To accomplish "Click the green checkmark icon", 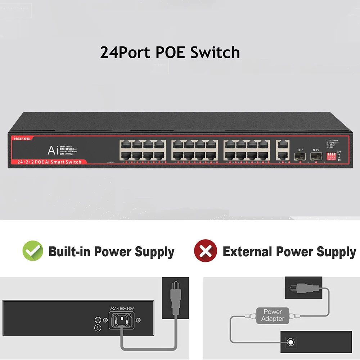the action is [33, 251].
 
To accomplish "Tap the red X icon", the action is [206, 251].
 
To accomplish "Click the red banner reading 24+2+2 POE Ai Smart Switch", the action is [47, 162].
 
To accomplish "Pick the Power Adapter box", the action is [273, 315].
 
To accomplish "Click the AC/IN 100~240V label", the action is [122, 309].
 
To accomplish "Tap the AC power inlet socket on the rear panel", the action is [122, 320].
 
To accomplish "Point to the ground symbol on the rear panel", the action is [97, 328].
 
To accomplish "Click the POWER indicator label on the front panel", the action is [111, 162].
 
